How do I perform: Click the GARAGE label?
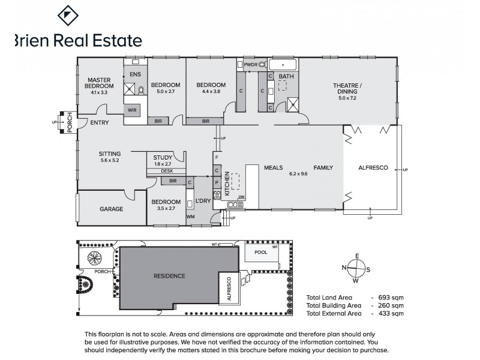[x=111, y=209]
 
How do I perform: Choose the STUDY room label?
[x=163, y=158]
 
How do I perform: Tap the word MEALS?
[x=274, y=168]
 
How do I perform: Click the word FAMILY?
[x=323, y=168]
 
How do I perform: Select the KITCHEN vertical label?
[x=227, y=183]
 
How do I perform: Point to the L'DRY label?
[x=203, y=200]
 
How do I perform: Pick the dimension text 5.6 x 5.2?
[x=110, y=161]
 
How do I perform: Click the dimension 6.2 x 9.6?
[x=298, y=174]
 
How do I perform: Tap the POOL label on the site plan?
[x=260, y=253]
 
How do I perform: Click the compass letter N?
[x=344, y=268]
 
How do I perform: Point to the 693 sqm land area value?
[x=391, y=298]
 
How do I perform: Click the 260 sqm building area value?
[x=391, y=305]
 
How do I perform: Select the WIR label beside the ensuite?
[x=132, y=110]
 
